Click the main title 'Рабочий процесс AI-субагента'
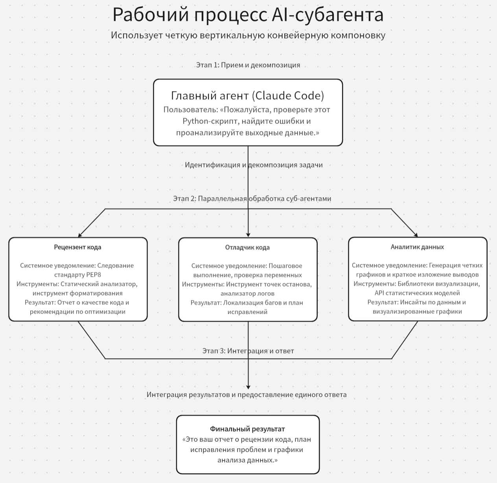(x=248, y=15)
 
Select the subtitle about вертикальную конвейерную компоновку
(x=248, y=35)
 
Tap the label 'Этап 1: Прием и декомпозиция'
(x=248, y=65)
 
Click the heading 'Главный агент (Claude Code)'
(x=248, y=96)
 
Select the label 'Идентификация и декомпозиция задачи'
(x=254, y=165)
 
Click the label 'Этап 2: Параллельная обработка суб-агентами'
(x=252, y=199)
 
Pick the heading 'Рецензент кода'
(x=77, y=247)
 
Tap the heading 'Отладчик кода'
(x=247, y=248)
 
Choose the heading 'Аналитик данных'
(x=417, y=247)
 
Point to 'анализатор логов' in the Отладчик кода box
(x=247, y=294)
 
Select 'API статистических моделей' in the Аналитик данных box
(x=417, y=293)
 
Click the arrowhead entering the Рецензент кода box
(x=80, y=236)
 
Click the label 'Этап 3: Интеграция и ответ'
(x=248, y=351)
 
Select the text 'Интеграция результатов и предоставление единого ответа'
(x=247, y=395)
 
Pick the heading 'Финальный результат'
(x=247, y=429)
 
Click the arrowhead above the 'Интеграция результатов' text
(x=248, y=387)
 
